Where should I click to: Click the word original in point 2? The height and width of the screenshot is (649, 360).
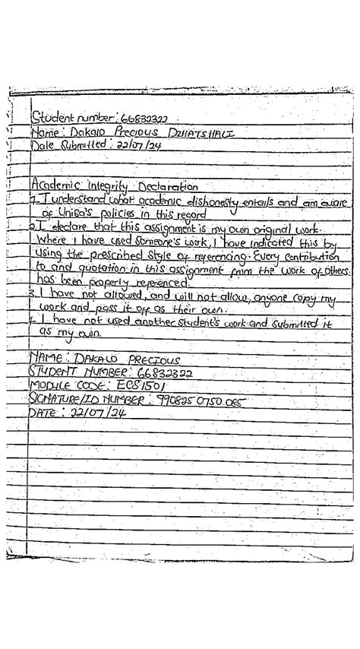coord(257,229)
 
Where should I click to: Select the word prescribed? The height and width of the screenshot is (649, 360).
coord(115,256)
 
